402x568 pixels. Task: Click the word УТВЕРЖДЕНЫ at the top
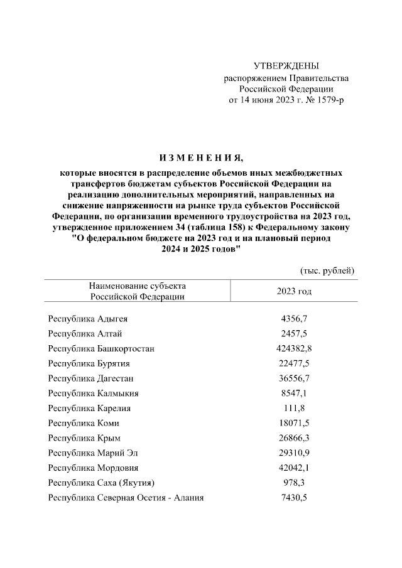286,66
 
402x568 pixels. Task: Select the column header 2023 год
294,291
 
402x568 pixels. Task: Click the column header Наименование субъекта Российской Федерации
137,291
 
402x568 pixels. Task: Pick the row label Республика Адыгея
88,319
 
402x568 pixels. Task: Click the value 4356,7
294,319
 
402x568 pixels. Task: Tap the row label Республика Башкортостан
101,348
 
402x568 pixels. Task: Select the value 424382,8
294,348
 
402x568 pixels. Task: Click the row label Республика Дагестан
91,378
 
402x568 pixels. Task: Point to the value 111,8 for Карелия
294,409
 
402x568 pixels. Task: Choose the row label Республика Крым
84,438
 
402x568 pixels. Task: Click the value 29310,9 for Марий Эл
294,453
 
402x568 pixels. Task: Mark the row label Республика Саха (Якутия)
102,483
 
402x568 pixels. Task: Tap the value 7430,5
294,498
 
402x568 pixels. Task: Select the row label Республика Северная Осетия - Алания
126,498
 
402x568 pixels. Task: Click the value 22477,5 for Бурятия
294,363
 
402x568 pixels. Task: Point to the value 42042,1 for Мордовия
294,468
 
